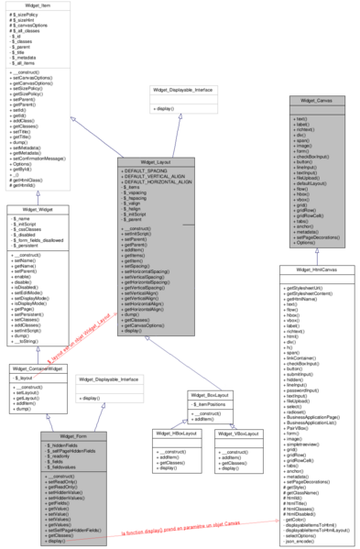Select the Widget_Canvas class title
coord(316,99)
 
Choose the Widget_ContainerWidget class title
coord(38,368)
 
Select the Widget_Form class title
coord(74,435)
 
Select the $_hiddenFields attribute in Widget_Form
coord(65,445)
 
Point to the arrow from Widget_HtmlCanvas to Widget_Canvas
coord(316,255)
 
